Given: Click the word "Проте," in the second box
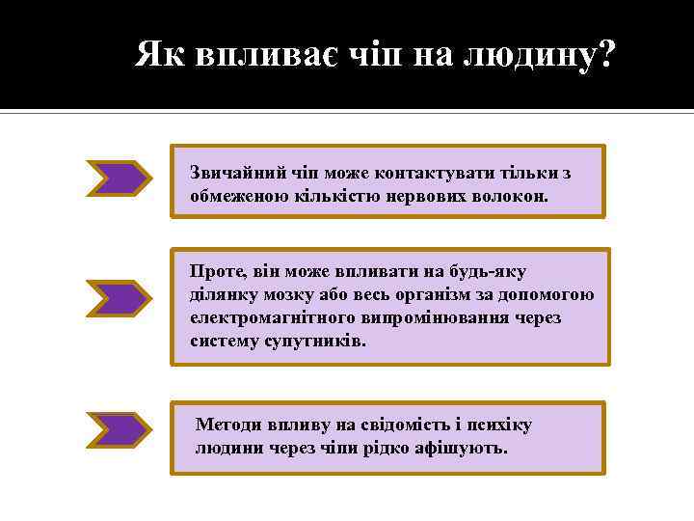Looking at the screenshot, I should pos(215,273).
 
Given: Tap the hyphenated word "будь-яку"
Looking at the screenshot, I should pos(491,273).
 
